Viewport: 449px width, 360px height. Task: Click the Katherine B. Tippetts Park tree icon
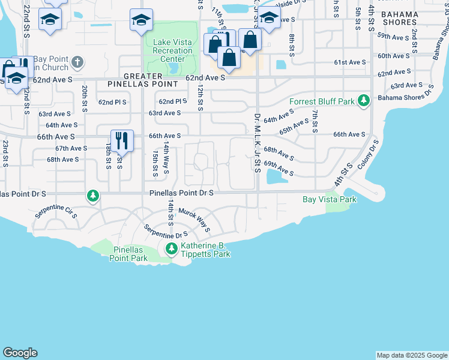click(172, 248)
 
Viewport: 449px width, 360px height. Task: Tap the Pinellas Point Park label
click(128, 254)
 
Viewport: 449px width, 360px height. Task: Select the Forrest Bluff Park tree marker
click(363, 101)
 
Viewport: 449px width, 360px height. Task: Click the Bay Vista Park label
click(330, 199)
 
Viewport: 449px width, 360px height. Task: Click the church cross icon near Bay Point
click(77, 62)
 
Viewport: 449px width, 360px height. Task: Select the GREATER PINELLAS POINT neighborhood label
click(151, 80)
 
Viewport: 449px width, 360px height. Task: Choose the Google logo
click(20, 353)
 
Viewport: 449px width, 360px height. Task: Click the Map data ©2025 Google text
click(411, 355)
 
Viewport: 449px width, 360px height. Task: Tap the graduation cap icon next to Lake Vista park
click(141, 21)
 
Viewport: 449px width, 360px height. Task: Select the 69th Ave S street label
click(279, 169)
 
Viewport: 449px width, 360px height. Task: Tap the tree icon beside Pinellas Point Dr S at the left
click(92, 195)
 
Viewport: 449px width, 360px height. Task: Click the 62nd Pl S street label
click(113, 102)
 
